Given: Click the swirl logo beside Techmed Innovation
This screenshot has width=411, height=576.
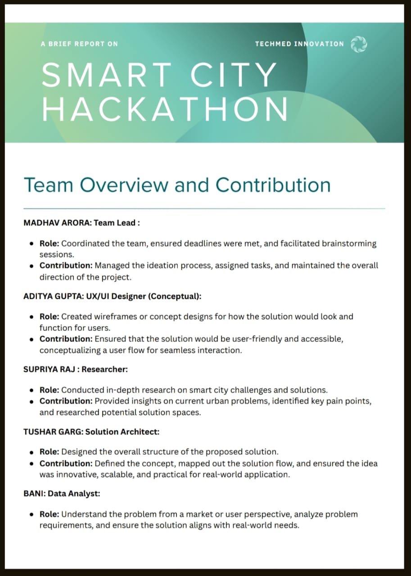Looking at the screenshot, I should (359, 44).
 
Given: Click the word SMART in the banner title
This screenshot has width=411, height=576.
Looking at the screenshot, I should (106, 75).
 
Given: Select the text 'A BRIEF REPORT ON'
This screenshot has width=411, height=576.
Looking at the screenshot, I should (79, 44).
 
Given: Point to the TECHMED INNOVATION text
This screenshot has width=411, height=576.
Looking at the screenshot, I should (299, 44).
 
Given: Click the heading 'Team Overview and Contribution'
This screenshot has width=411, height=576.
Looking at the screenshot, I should (177, 185).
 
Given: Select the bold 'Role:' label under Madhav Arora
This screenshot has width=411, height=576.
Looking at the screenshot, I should (49, 243).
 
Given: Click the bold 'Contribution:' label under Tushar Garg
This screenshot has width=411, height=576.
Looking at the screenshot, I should (66, 463).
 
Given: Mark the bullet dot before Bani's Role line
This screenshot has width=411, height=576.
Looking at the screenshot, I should (32, 514).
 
